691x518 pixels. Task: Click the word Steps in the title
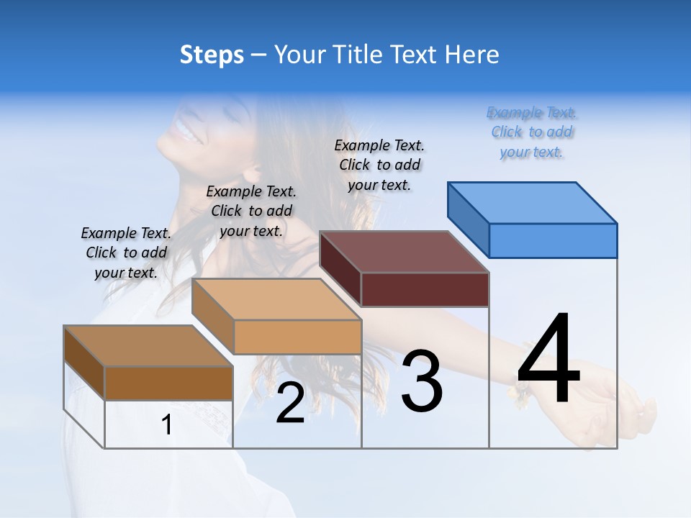[212, 55]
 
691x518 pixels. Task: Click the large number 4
[548, 360]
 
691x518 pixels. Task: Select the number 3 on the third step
[421, 381]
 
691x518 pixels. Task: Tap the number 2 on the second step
[290, 403]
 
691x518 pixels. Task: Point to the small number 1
[167, 425]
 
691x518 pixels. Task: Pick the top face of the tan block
[276, 299]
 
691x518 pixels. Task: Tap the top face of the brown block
[148, 346]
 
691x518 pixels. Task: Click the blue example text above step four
[532, 132]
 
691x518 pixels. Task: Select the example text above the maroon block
[379, 165]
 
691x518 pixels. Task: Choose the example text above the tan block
[251, 211]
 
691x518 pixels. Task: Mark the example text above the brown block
[126, 253]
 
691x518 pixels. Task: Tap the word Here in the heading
[471, 55]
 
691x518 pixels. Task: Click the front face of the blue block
[553, 240]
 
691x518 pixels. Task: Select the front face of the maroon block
[425, 289]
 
